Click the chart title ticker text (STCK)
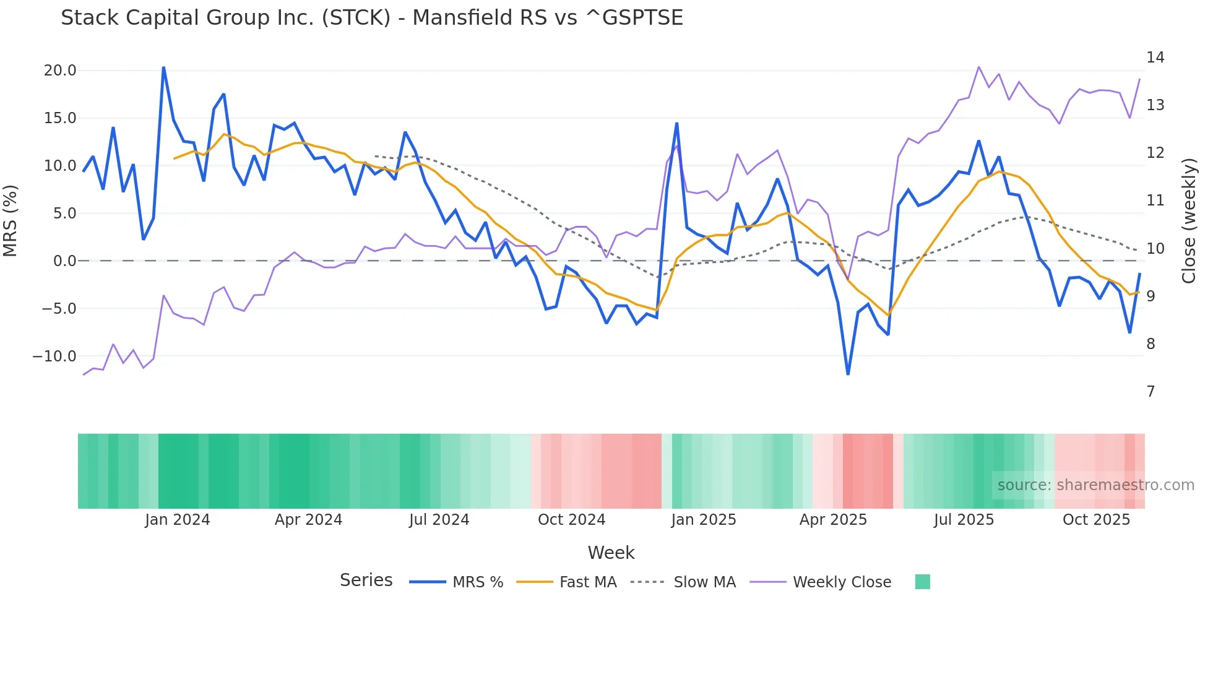tap(356, 18)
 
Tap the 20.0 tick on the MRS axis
tap(60, 71)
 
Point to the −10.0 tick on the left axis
tap(54, 356)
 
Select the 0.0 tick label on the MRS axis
tap(64, 261)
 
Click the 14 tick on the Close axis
tap(1155, 58)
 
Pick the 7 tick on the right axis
tap(1150, 392)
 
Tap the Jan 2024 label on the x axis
tap(178, 520)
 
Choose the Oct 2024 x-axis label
tap(571, 520)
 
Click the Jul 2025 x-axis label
tap(964, 520)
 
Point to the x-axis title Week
tap(611, 553)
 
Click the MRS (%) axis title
tap(11, 221)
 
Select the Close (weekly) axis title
tap(1188, 221)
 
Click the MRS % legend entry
tap(477, 582)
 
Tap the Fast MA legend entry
tap(587, 582)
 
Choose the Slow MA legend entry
tap(704, 582)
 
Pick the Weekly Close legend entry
tap(842, 582)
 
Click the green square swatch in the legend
tap(922, 582)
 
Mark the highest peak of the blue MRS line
tap(163, 67)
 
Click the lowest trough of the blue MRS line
tap(848, 374)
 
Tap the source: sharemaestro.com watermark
tap(1095, 485)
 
